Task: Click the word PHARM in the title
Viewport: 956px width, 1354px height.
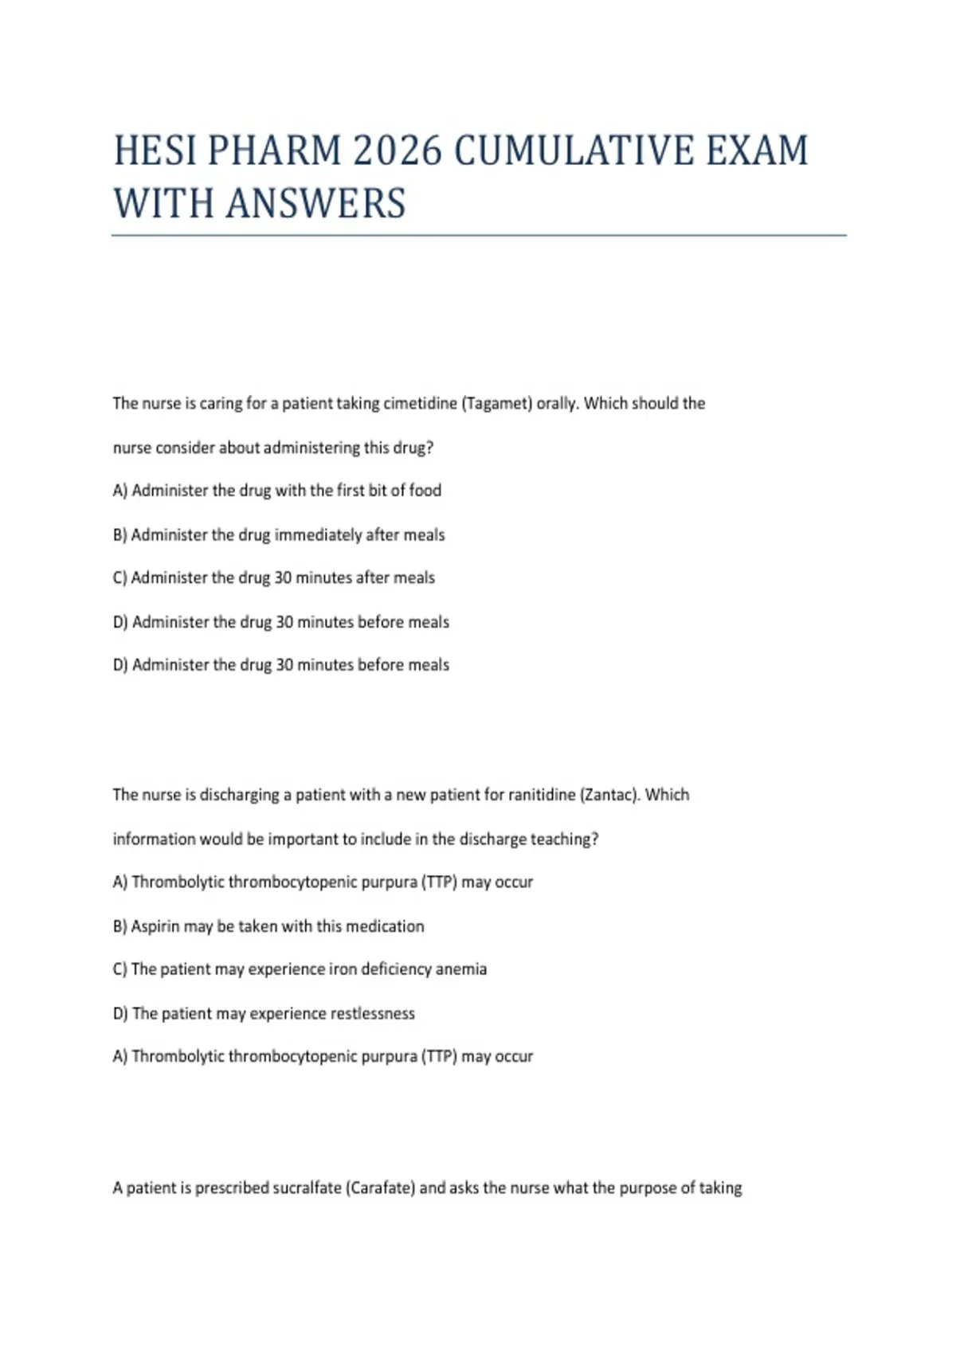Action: click(x=275, y=151)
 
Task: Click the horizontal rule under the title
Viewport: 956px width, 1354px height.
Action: click(x=478, y=236)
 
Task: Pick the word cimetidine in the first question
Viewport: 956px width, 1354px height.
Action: click(x=420, y=403)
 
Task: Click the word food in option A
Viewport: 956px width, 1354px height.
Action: click(x=425, y=491)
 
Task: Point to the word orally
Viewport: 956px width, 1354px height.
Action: click(x=557, y=403)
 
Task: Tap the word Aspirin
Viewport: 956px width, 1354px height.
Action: click(x=155, y=926)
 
